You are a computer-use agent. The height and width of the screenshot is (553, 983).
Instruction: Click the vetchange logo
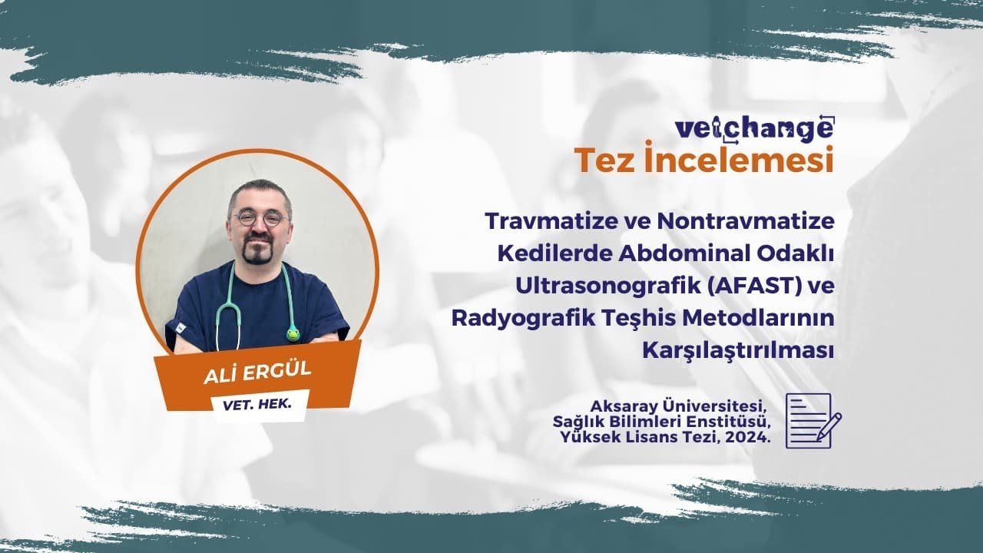click(753, 127)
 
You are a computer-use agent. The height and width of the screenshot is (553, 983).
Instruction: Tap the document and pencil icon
click(812, 420)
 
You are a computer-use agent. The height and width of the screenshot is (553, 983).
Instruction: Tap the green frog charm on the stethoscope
click(293, 333)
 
